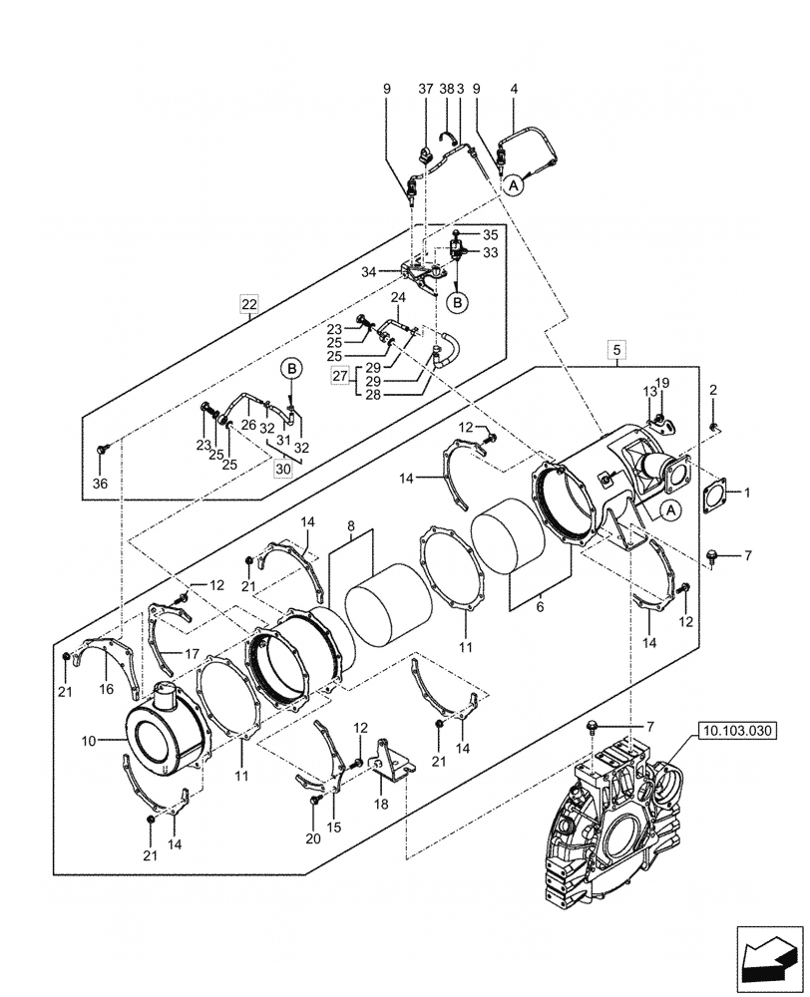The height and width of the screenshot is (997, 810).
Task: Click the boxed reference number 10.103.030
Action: [736, 730]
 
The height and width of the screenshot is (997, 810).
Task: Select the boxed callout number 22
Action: [249, 303]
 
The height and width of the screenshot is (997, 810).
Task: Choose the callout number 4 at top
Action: [514, 89]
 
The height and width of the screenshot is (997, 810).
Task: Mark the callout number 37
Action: [426, 89]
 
